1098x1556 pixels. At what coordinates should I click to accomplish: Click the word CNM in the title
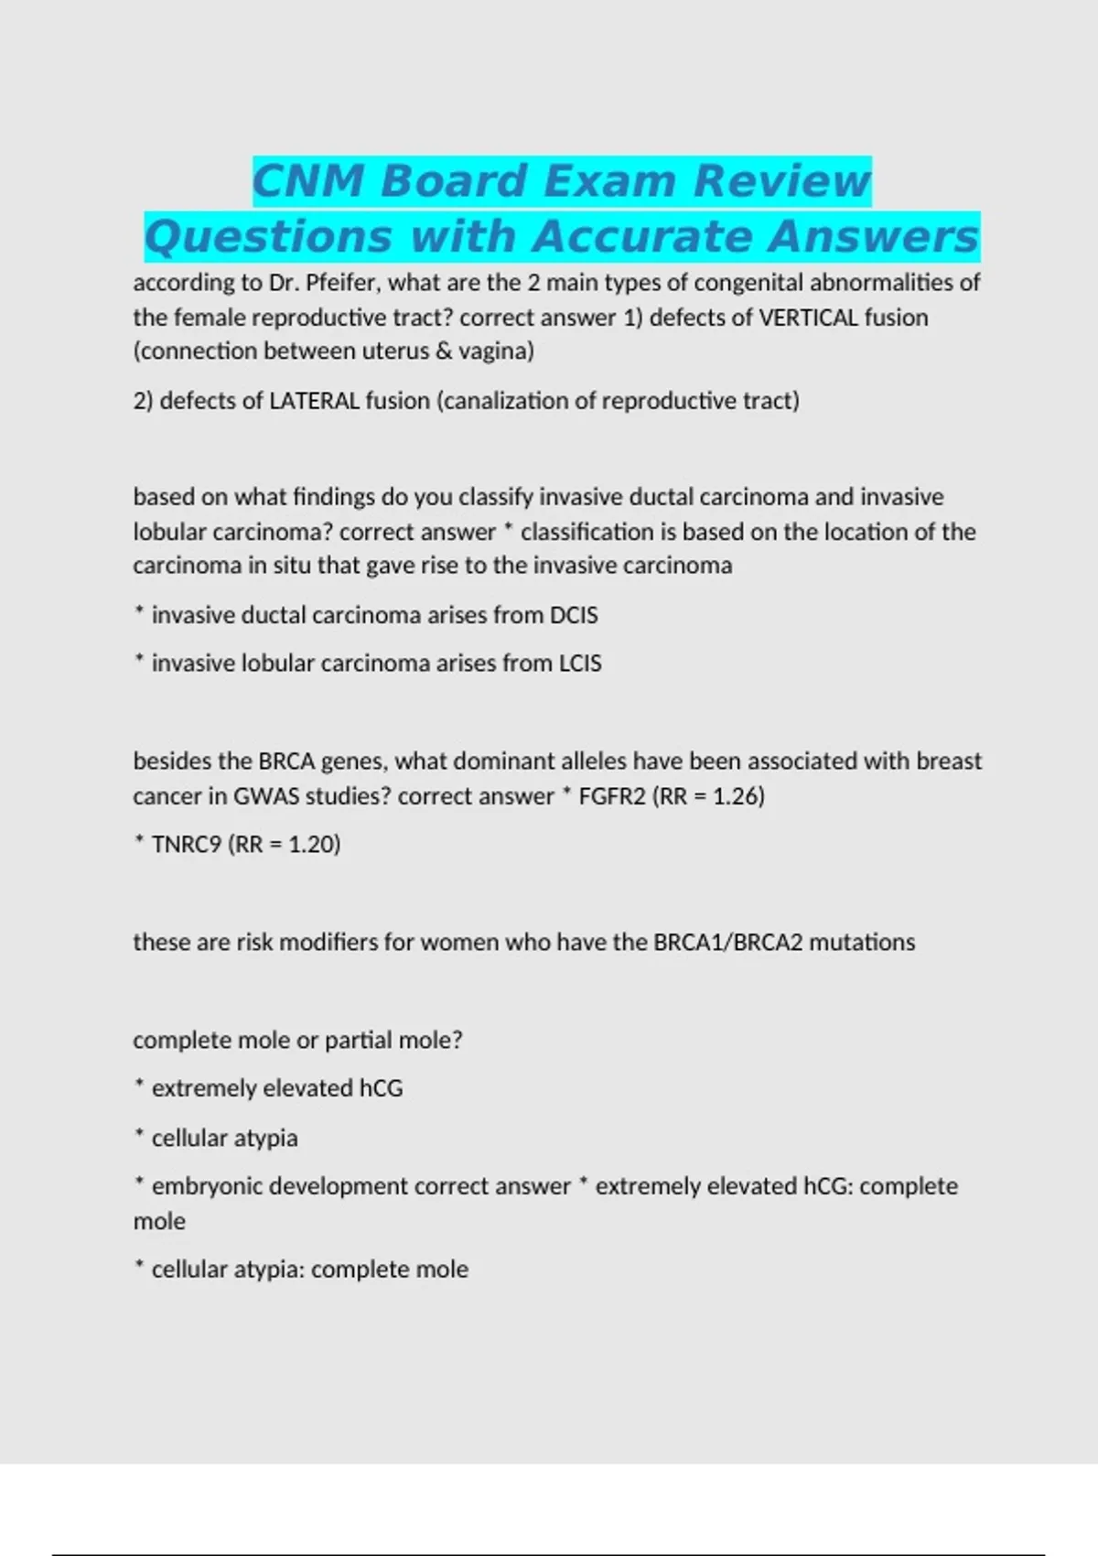click(x=308, y=180)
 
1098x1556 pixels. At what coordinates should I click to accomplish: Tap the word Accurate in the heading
click(x=641, y=236)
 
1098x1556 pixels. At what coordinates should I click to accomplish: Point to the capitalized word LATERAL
click(x=314, y=401)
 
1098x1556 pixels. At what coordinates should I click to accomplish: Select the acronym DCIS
click(x=573, y=615)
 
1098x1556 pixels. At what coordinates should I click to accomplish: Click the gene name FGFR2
click(x=612, y=796)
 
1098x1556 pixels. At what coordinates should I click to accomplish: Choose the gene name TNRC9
click(x=187, y=845)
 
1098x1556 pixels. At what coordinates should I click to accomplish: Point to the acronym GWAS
click(x=265, y=796)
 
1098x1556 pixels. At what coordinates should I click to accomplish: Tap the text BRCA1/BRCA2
click(x=727, y=943)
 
